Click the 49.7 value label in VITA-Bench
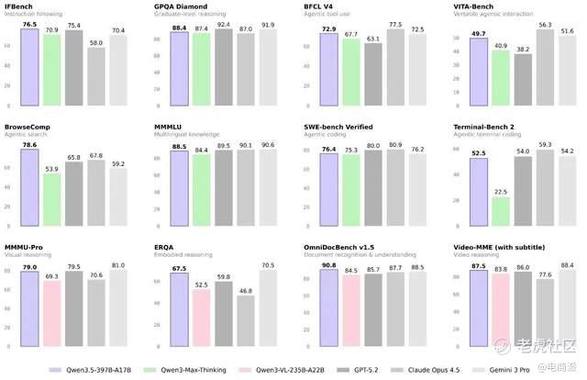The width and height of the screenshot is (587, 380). [x=477, y=33]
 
